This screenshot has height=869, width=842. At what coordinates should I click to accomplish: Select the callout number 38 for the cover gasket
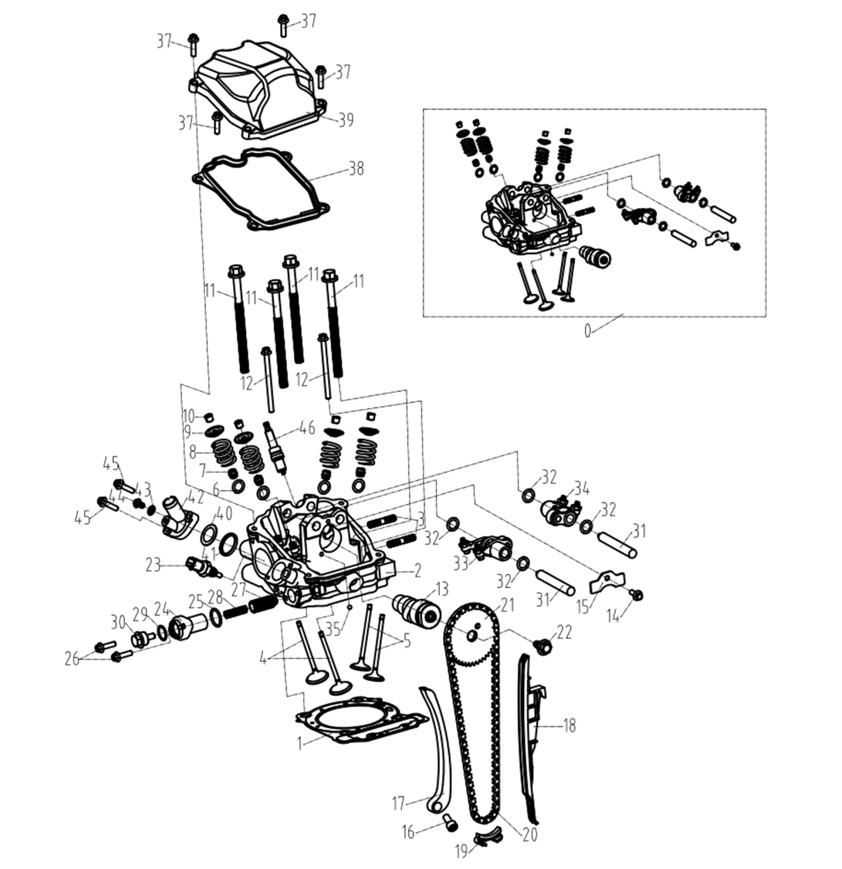[x=356, y=169]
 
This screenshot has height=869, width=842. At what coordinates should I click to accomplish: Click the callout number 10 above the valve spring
[x=188, y=417]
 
